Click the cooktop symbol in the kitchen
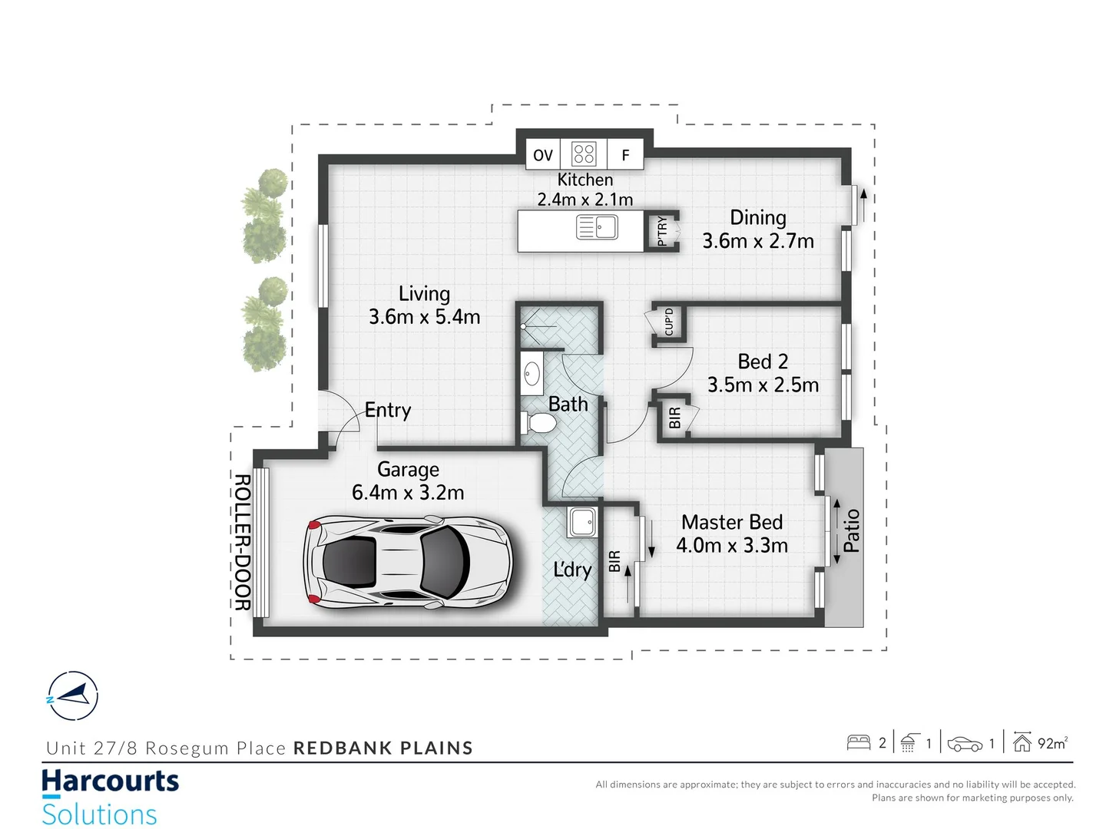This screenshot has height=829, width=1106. click(584, 154)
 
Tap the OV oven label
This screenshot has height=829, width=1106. click(543, 155)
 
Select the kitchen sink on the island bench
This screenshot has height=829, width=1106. click(597, 228)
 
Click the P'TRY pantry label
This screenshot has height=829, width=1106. click(662, 231)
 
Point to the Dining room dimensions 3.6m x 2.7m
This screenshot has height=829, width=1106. click(758, 241)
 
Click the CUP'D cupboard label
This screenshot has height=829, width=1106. click(669, 322)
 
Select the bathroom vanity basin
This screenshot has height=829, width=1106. click(531, 375)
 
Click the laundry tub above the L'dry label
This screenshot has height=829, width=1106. click(581, 522)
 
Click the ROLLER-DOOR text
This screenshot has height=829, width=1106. click(242, 542)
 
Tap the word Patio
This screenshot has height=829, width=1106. click(851, 530)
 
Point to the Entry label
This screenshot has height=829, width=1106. click(388, 410)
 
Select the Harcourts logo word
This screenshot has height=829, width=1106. click(110, 781)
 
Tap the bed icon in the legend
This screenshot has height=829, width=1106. click(858, 742)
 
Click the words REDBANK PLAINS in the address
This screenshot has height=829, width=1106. click(383, 748)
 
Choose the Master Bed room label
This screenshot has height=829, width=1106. click(732, 522)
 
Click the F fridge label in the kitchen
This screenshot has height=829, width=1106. click(625, 155)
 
